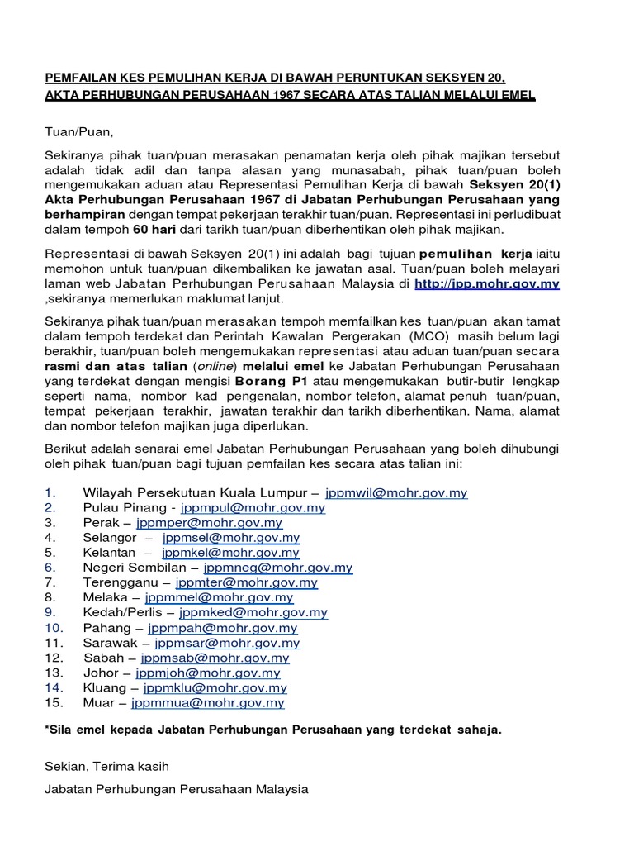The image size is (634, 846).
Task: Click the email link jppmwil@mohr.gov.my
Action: click(396, 493)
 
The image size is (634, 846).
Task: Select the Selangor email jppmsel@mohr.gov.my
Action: click(231, 538)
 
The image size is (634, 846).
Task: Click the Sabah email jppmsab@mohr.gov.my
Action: click(215, 658)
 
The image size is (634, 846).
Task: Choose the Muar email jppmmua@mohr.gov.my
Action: click(213, 703)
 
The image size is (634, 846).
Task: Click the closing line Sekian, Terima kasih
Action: click(107, 768)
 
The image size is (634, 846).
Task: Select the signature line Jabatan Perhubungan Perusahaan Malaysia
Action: click(176, 790)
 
